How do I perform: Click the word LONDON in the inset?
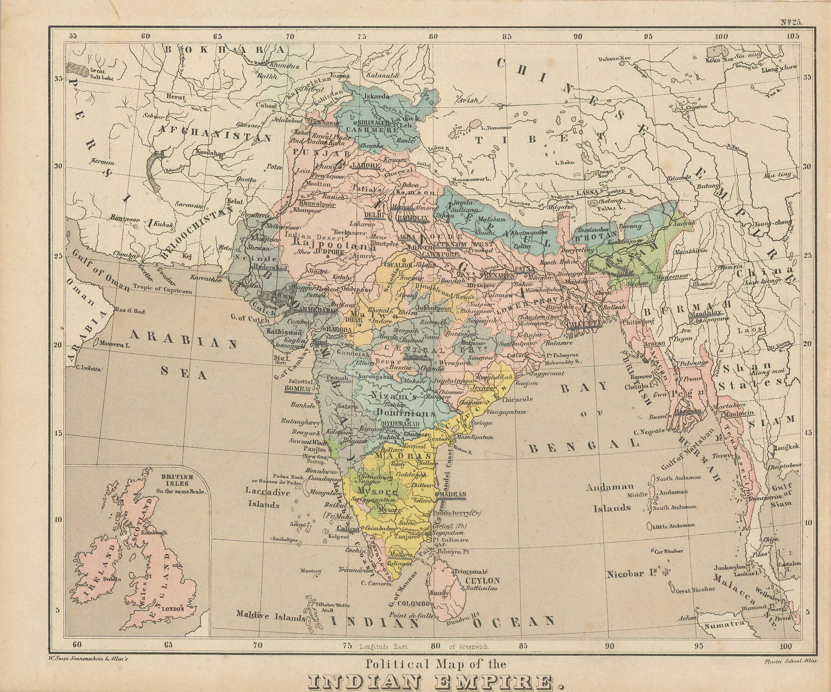(174, 609)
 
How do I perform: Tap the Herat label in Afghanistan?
(176, 97)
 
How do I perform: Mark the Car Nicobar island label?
(667, 551)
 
